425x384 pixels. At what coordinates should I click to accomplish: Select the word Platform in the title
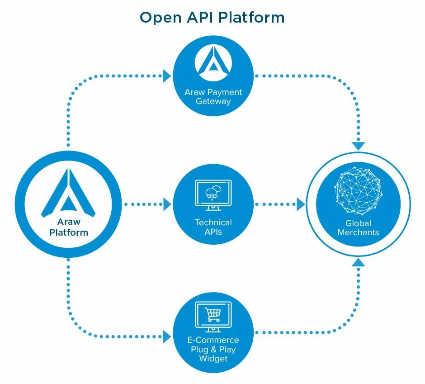[251, 17]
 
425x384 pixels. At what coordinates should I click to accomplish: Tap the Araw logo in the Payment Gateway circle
[213, 61]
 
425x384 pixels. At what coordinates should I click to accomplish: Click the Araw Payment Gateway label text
[213, 96]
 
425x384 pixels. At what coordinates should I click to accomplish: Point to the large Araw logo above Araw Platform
[68, 193]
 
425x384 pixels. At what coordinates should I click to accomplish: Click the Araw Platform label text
[69, 227]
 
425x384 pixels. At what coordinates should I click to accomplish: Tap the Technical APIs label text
[213, 227]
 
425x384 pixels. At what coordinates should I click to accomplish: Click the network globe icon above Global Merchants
[359, 190]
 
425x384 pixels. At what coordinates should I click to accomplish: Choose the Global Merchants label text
[359, 228]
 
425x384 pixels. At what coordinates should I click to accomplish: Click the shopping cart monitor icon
[213, 317]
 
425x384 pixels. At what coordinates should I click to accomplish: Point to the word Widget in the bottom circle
[213, 359]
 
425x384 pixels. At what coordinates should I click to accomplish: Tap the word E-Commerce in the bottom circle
[213, 340]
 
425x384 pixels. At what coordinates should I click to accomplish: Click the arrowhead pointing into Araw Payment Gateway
[167, 76]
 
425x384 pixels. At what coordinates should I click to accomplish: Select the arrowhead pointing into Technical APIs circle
[167, 204]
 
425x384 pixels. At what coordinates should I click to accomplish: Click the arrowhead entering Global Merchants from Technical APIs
[301, 204]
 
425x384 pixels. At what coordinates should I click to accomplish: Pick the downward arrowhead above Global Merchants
[359, 146]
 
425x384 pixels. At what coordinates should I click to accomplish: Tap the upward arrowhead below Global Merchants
[359, 262]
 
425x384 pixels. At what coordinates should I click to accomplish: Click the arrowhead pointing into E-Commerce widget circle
[167, 337]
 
